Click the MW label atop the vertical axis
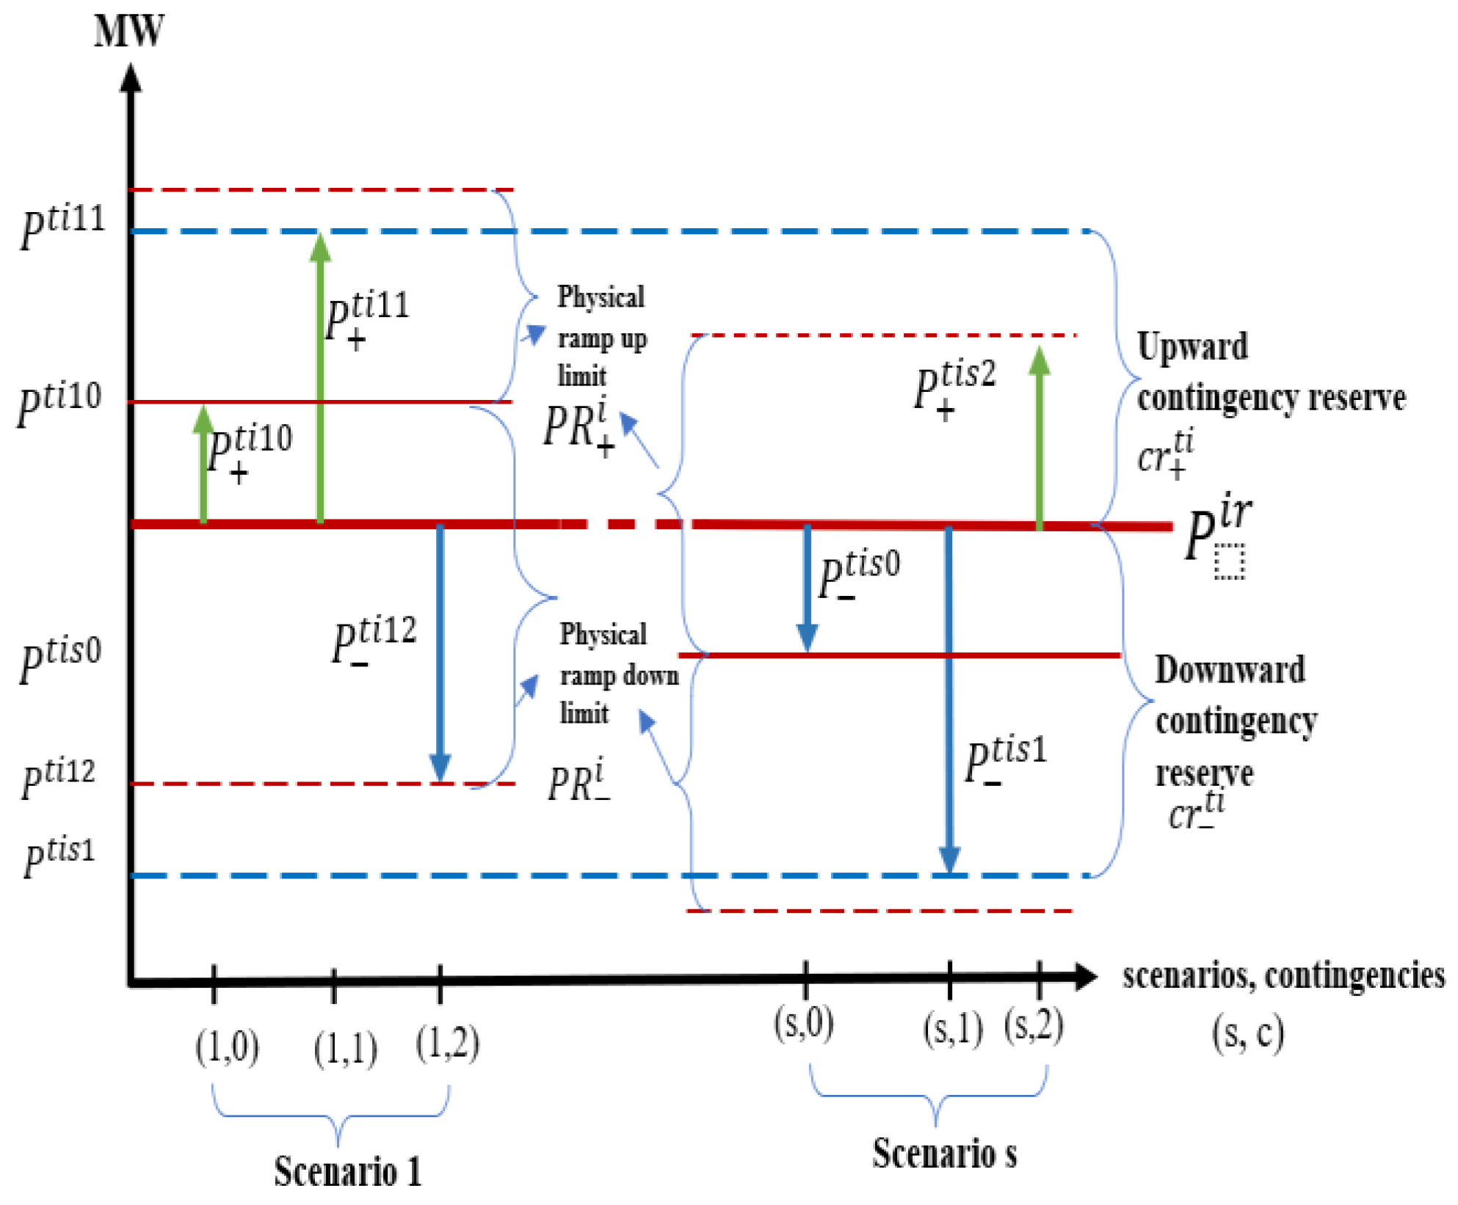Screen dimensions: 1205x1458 tap(129, 31)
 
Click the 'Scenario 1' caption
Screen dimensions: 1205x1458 tap(348, 1171)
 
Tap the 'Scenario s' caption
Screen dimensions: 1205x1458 tap(945, 1153)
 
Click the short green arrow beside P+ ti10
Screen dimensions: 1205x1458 tap(203, 464)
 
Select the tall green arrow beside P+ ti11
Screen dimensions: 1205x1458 tap(320, 378)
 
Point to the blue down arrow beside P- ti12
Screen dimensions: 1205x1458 tap(440, 653)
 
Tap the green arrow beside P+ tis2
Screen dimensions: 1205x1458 tap(1039, 437)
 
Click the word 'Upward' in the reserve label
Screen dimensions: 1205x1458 tap(1192, 346)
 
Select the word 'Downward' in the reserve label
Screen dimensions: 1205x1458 tap(1230, 669)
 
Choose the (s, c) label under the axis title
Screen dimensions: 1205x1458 tap(1248, 1033)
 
